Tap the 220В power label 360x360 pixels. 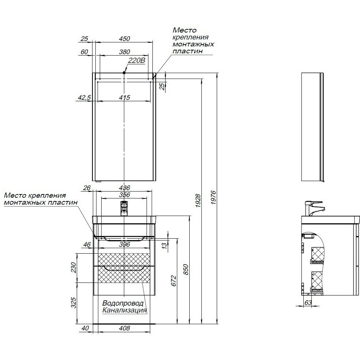(137, 61)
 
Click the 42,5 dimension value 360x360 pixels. (84, 98)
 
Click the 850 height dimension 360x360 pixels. (186, 270)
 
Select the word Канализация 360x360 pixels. (125, 311)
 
